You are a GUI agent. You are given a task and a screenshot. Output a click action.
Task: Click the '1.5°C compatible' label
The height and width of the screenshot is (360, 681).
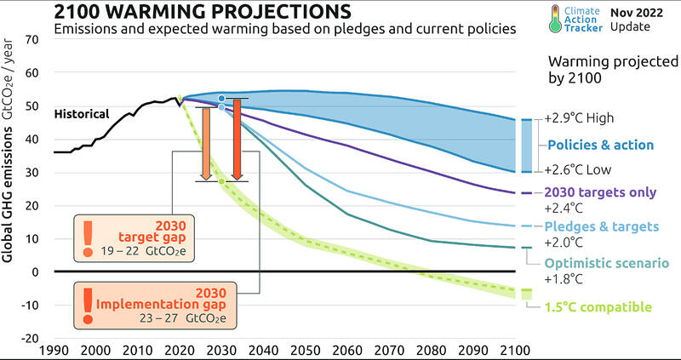coord(598,306)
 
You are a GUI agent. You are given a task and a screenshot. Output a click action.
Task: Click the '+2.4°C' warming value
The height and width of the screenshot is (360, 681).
coord(565,207)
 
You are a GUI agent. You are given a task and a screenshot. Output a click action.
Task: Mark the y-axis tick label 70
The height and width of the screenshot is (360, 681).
coord(31,40)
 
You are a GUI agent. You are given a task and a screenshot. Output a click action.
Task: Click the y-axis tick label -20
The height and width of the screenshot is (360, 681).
coord(29,338)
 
